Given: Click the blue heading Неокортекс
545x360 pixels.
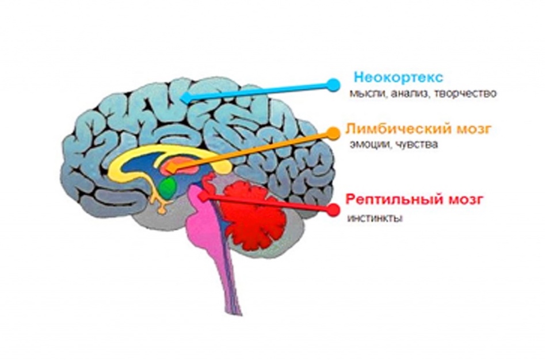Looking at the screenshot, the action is (x=398, y=77).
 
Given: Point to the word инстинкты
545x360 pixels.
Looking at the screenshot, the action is (x=375, y=219).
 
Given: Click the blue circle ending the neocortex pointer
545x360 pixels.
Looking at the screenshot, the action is (x=333, y=85).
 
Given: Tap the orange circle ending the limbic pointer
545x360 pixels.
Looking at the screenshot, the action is (x=333, y=133).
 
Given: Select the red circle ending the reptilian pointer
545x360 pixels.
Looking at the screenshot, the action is (x=334, y=210).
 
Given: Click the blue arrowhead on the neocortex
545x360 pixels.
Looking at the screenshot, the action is (x=186, y=97).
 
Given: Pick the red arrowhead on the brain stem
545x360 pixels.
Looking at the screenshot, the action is (x=204, y=196).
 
